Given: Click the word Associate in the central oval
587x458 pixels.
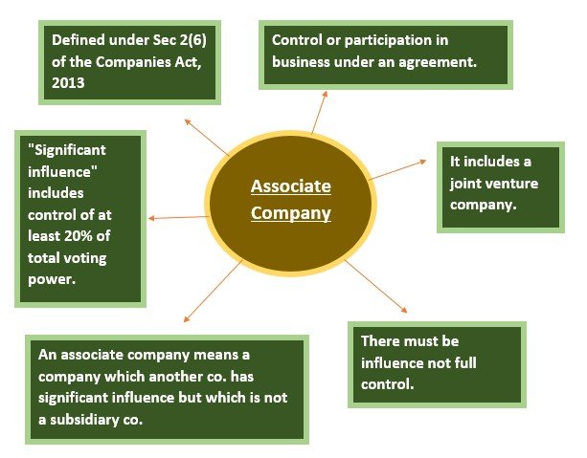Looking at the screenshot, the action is pos(291,186).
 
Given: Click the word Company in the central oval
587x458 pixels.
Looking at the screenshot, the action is pos(291,213).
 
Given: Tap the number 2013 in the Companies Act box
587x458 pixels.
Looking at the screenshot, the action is pos(68,83).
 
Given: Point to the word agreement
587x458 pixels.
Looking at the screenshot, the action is pos(438,62).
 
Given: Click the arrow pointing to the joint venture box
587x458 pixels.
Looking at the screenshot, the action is pos(397,170).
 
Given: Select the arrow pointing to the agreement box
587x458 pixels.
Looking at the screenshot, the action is pos(320,112).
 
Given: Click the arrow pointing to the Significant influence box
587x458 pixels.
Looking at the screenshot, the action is pos(178,218).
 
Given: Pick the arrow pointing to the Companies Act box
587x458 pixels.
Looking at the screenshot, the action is pos(207,138).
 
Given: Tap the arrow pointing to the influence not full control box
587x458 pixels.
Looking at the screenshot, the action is pos(375,286).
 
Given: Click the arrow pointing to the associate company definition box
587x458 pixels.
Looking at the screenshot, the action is pos(213,291).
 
